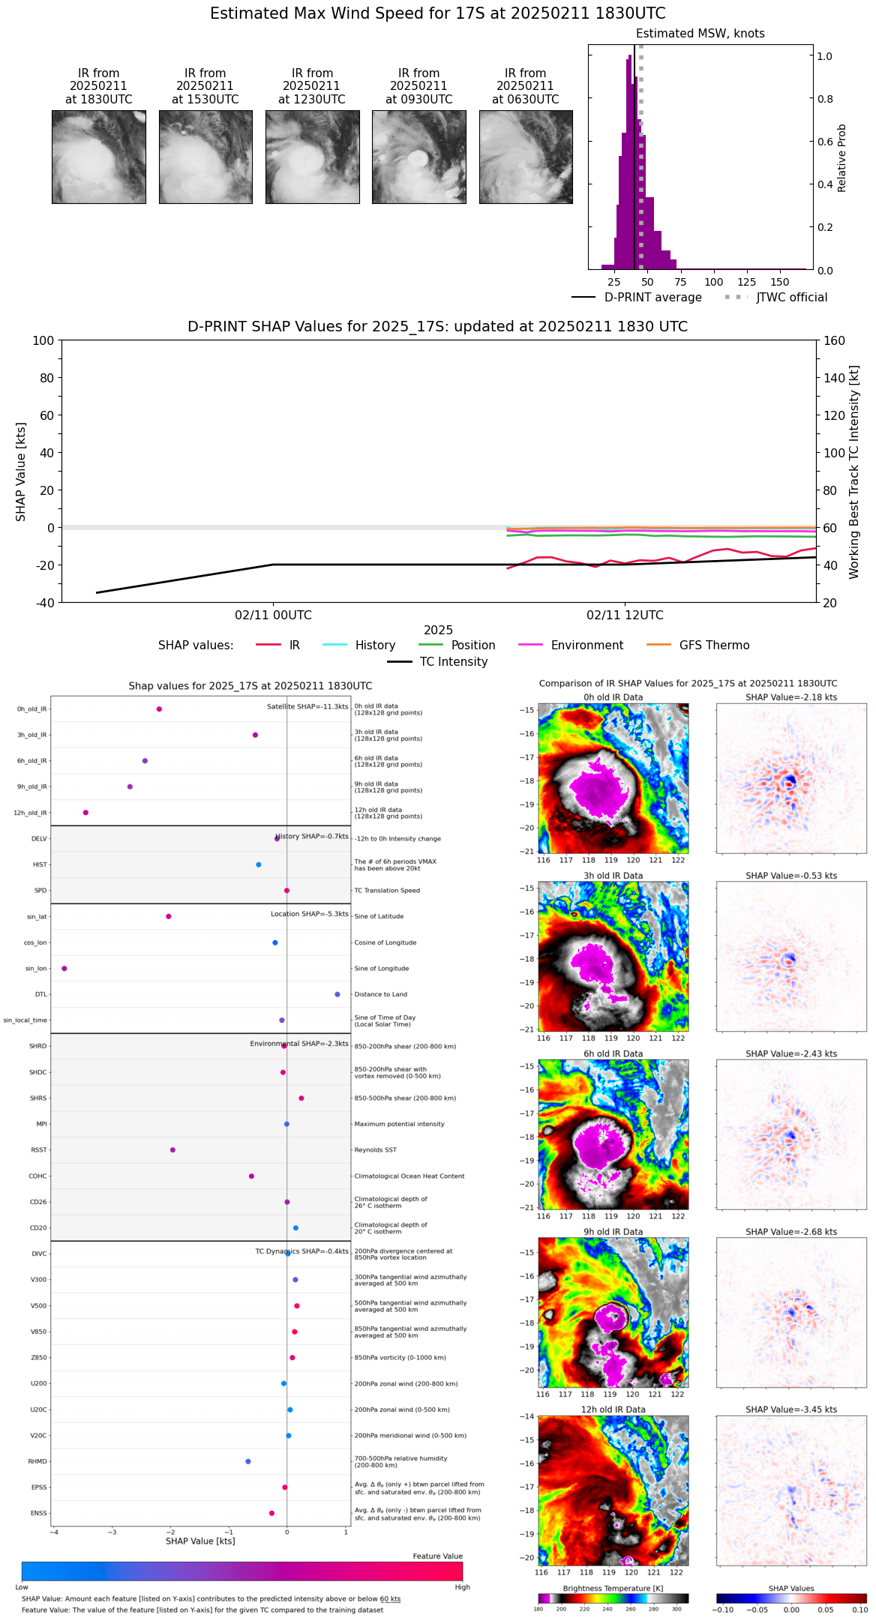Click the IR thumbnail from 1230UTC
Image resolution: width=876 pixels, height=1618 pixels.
pos(312,157)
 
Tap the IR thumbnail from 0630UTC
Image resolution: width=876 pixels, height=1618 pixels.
pos(526,157)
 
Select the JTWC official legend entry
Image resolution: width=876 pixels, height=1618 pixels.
pos(791,298)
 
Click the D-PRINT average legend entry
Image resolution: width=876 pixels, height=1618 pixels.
pos(652,298)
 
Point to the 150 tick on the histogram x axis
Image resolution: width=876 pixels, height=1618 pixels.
pos(780,283)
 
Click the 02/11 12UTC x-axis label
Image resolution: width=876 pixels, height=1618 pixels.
pos(625,616)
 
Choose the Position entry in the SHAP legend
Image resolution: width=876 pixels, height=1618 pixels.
pos(472,646)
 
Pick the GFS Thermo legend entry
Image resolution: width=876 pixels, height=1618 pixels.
pos(714,646)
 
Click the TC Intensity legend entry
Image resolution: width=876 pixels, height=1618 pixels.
pos(453,662)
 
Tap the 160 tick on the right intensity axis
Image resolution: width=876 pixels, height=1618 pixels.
pos(835,341)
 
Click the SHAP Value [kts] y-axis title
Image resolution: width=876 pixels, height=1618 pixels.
pos(21,472)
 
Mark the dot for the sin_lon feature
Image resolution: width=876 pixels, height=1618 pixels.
pos(64,969)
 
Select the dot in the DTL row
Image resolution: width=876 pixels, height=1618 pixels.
pos(337,994)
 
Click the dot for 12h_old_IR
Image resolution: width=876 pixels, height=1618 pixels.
pos(85,813)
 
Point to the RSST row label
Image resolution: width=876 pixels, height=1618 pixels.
pos(39,1150)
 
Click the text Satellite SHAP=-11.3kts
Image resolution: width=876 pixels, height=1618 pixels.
pos(307,707)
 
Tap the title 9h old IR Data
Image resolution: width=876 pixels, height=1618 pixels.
pos(613,1232)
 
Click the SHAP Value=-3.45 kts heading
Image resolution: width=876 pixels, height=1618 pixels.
pos(791,1410)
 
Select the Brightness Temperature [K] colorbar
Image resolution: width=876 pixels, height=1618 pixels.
pos(613,1598)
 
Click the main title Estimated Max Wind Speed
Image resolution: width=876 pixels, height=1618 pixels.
pos(437,13)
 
